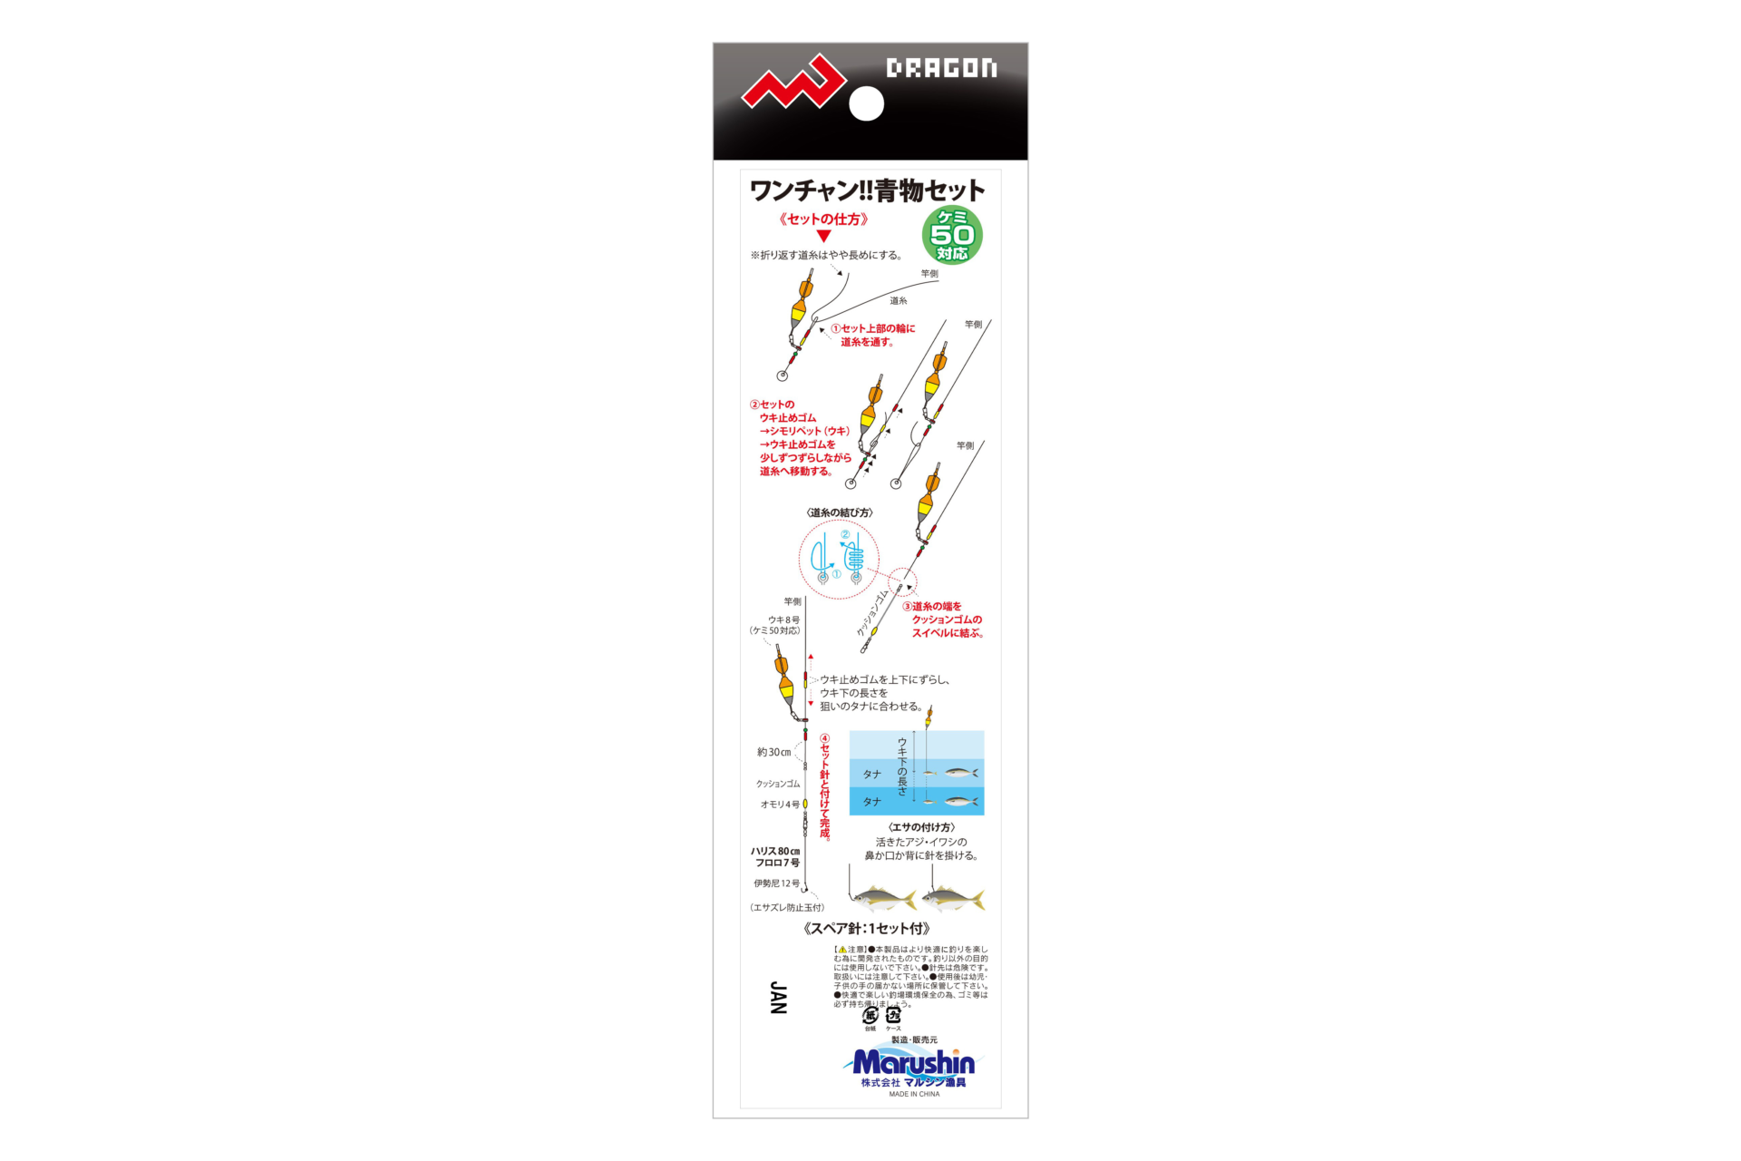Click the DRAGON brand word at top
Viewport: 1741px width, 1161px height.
(x=941, y=68)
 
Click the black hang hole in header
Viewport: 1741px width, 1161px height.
(x=866, y=103)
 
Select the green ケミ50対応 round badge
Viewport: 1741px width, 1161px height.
(x=952, y=235)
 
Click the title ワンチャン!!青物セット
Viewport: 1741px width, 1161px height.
(x=867, y=190)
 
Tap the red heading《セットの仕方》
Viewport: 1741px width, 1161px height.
(x=823, y=220)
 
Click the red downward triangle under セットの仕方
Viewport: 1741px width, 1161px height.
(x=823, y=236)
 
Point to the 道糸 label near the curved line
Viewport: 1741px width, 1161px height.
(x=898, y=301)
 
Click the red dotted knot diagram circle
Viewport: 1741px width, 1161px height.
(x=839, y=558)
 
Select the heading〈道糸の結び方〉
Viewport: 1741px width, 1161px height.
(x=840, y=512)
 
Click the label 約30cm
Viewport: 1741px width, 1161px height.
(x=774, y=752)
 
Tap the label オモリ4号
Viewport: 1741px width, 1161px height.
(x=780, y=805)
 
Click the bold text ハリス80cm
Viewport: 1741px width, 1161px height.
(x=775, y=851)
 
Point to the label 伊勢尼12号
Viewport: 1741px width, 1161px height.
(x=777, y=883)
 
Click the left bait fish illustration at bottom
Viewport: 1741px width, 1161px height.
(x=882, y=899)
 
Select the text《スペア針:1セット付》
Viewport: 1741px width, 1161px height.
(x=867, y=929)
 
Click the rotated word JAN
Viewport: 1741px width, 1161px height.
(x=778, y=998)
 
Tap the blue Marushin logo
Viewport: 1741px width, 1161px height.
(x=914, y=1062)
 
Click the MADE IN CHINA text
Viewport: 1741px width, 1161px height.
(x=914, y=1095)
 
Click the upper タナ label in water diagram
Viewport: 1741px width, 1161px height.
(x=872, y=775)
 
